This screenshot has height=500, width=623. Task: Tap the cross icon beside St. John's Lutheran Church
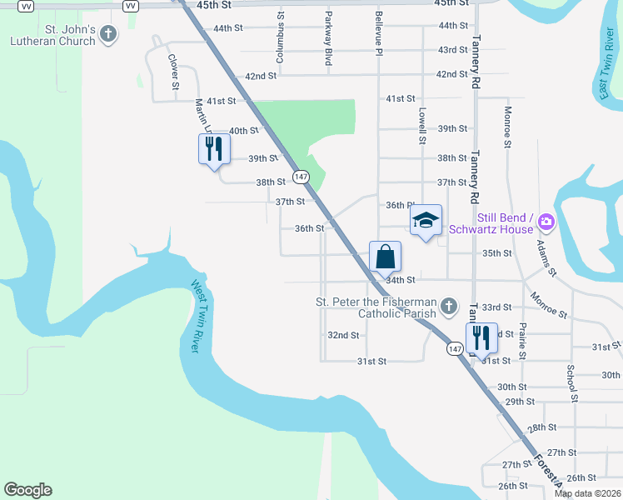[x=107, y=34]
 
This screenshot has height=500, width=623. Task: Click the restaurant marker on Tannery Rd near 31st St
[x=481, y=337]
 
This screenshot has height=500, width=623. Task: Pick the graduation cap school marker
[x=426, y=221]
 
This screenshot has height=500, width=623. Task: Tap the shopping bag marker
[x=385, y=257]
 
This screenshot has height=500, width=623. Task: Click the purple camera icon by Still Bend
[x=546, y=221]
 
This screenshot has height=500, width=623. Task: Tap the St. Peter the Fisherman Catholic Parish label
[x=375, y=307]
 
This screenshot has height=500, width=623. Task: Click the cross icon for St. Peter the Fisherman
[x=449, y=307]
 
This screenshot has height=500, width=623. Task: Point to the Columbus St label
[x=281, y=38]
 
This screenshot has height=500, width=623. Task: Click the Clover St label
[x=174, y=72]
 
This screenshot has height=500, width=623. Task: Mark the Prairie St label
[x=522, y=341]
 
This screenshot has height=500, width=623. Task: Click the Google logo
[x=27, y=490]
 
